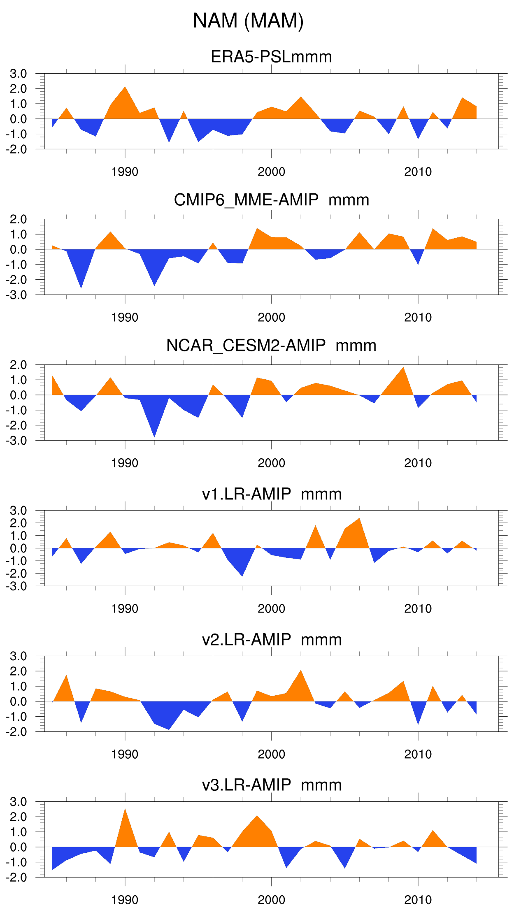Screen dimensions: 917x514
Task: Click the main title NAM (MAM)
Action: pos(248,21)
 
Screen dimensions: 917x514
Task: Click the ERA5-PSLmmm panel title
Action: pos(271,57)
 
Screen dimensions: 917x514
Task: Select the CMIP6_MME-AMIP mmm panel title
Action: pos(271,200)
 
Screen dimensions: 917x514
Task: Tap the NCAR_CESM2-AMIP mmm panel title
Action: pos(271,346)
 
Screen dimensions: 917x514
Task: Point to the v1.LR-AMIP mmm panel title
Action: pos(271,494)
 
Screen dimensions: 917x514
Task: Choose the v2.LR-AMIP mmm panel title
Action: pos(271,639)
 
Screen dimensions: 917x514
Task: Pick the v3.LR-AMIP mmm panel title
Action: pos(271,785)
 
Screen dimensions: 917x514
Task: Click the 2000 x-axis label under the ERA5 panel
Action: pos(271,172)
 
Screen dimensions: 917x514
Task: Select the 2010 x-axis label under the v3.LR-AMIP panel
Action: pos(418,900)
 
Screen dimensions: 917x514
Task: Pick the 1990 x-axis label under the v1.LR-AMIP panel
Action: pos(125,609)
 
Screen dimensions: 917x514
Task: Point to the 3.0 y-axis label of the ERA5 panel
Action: pos(19,74)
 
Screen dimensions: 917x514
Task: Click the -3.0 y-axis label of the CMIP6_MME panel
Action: pos(16,295)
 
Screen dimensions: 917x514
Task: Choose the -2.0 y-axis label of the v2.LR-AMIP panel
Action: pos(16,732)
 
